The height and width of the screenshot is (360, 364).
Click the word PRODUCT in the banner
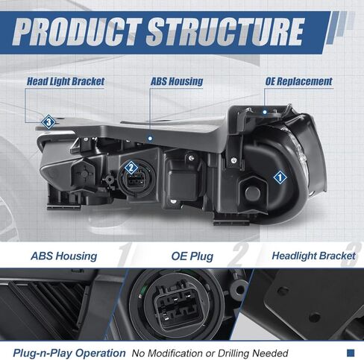pos(77,31)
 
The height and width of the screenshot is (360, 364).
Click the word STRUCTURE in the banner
pos(225,31)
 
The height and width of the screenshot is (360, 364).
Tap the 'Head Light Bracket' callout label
pos(66,81)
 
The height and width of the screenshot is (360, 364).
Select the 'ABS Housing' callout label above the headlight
pos(177,81)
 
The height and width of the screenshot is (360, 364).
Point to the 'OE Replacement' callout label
pos(298,81)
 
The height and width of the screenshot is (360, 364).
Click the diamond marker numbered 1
pos(280,177)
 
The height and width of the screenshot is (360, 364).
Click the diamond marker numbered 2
pos(131,168)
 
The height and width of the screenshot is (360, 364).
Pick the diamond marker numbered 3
pos(48,122)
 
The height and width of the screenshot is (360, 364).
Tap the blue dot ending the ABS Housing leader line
pos(150,138)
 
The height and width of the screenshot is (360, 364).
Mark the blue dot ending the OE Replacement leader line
pos(265,113)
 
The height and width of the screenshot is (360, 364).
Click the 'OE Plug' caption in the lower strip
pos(192,256)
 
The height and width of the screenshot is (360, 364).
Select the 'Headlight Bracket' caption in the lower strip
pos(313,256)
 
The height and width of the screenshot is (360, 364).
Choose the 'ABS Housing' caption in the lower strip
pos(64,256)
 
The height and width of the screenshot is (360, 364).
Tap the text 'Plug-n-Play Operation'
pos(69,353)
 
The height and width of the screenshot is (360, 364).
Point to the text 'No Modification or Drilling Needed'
pos(210,353)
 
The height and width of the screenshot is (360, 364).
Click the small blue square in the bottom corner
pos(351,353)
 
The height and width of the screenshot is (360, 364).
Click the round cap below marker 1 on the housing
pos(253,193)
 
